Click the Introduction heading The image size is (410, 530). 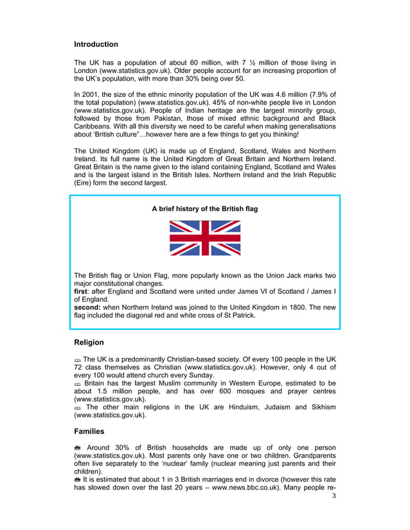96,44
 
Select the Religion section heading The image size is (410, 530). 89,343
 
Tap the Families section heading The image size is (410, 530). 89,432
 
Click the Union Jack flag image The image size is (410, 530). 205,238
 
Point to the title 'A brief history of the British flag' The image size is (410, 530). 205,209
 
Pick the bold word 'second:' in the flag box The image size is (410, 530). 87,307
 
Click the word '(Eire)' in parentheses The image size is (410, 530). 84,183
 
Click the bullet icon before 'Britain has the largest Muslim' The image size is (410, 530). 78,384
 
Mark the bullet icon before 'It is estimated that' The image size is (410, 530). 78,479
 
